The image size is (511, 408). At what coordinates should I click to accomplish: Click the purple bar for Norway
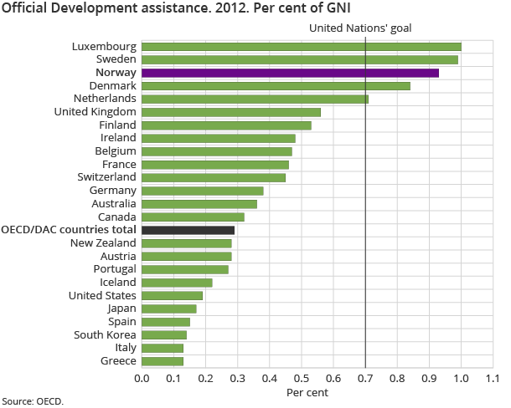point(290,74)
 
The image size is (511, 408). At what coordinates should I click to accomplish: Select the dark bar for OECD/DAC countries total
point(188,229)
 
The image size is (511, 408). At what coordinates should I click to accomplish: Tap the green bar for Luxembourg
point(302,47)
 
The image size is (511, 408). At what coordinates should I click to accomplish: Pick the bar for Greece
point(163,361)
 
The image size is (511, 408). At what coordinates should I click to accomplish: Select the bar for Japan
point(169,309)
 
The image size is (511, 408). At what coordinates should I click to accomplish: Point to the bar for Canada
point(193,217)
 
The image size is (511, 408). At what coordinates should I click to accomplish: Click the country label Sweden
point(116,59)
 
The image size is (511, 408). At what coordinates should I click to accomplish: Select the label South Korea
point(105,334)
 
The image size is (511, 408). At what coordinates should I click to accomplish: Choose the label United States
point(102,295)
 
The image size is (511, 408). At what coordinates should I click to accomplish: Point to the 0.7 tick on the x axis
point(365,378)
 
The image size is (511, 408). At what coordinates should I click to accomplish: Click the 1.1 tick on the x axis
point(493,378)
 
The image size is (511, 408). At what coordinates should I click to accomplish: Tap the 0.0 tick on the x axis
point(142,378)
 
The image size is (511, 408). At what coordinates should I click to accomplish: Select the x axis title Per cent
point(307,391)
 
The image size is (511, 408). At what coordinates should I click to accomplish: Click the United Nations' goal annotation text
point(360,28)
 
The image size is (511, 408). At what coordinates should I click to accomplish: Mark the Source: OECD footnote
point(33,401)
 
